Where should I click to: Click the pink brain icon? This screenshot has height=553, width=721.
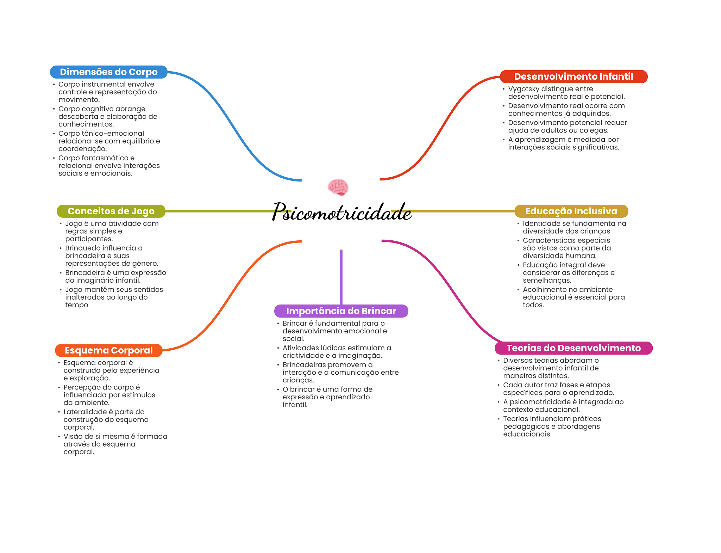coord(338,187)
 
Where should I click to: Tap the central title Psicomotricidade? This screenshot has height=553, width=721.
coord(341,212)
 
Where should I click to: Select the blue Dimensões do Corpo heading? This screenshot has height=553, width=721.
coord(108,72)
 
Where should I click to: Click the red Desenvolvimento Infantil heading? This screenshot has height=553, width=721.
coord(573,76)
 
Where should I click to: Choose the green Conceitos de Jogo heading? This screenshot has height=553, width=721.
coord(111,211)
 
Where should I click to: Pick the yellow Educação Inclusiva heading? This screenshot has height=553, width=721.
coord(571,211)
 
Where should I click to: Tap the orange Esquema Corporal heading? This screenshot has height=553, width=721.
coord(108,350)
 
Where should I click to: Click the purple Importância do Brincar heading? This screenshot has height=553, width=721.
coord(341,311)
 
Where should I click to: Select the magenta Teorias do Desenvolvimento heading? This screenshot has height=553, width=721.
coord(573,348)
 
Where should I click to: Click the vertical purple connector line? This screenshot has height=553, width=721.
coord(341,277)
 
